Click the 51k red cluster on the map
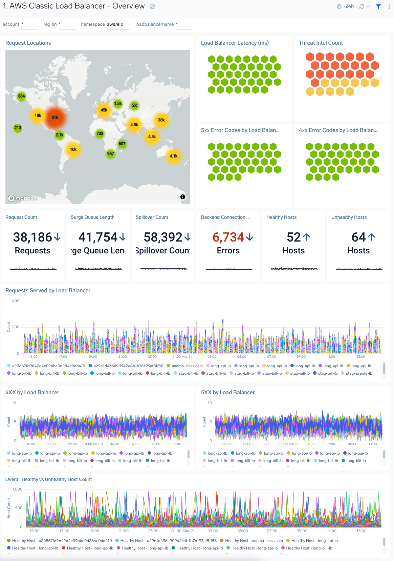pos(55,118)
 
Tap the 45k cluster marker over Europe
pos(104,110)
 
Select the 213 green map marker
pos(18,128)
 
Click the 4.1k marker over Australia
pos(174,156)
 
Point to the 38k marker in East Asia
pos(161,120)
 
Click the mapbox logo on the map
pos(23,198)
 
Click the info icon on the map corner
pos(183,197)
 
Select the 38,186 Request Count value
pos(32,237)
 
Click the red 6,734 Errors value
pos(228,237)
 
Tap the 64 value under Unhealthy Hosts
pos(358,237)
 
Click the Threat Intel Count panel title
pos(321,43)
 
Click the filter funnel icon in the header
pos(378,6)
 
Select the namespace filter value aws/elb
pos(115,24)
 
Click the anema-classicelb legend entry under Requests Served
pos(187,366)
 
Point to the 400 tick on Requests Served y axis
pos(16,301)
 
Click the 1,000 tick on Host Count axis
pos(17,489)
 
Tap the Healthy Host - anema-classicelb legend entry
pos(254,541)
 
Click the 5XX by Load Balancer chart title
pos(228,393)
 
